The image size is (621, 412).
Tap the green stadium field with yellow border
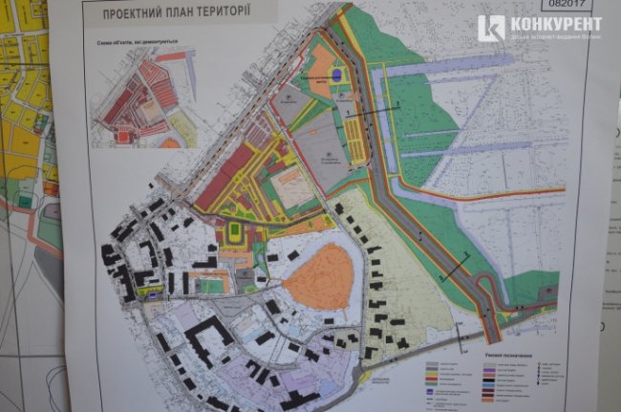pyautogui.click(x=235, y=233)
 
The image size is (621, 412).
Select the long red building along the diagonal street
pyautogui.click(x=225, y=177)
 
